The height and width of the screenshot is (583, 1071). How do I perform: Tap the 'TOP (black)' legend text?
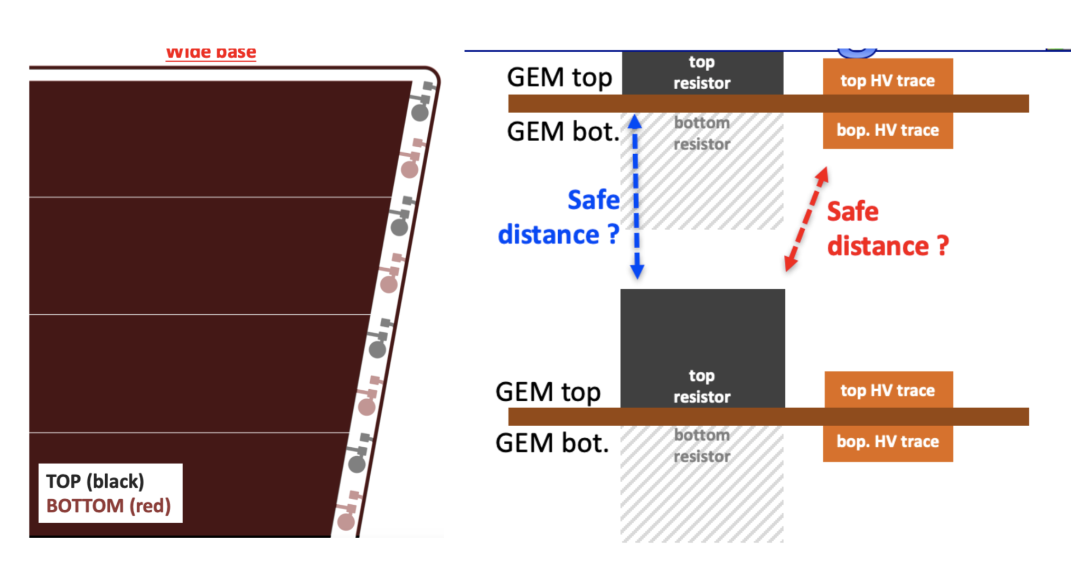point(95,481)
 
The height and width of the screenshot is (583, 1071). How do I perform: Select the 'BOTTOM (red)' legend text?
point(108,506)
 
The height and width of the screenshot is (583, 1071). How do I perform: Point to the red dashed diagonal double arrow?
point(806,219)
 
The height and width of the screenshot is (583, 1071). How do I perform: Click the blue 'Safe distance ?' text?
point(560,217)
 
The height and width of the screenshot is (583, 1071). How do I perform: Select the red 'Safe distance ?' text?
point(887,229)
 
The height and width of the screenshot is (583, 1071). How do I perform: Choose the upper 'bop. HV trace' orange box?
point(888,130)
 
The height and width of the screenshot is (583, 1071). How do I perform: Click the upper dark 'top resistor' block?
point(702,73)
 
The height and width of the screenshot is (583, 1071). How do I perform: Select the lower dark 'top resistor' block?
point(702,349)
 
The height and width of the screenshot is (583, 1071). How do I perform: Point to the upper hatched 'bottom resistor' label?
point(702,133)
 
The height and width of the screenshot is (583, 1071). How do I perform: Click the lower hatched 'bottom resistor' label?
point(702,446)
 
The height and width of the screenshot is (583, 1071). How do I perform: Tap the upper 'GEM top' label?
point(559,77)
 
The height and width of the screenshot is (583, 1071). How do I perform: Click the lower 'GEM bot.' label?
point(552,443)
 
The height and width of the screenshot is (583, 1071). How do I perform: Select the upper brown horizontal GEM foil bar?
point(768,104)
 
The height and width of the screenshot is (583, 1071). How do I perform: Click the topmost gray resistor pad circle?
point(420,112)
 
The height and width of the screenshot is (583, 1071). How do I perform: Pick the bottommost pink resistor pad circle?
point(346,522)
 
